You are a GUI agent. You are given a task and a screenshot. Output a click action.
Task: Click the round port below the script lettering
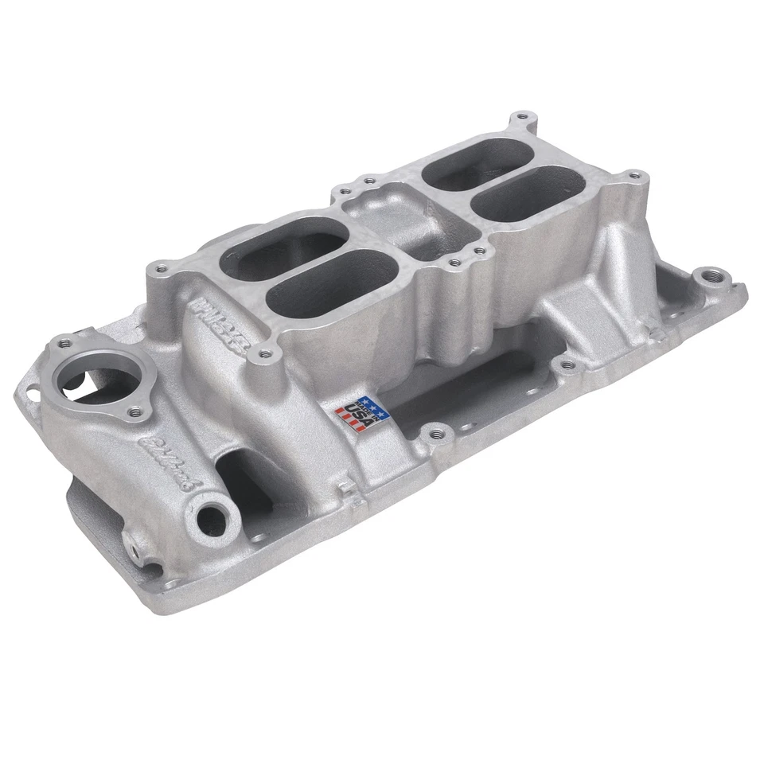pos(212,518)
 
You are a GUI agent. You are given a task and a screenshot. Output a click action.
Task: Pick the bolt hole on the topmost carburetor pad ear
pos(522,117)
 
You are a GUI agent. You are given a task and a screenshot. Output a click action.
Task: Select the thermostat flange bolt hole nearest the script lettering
pos(135,411)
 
